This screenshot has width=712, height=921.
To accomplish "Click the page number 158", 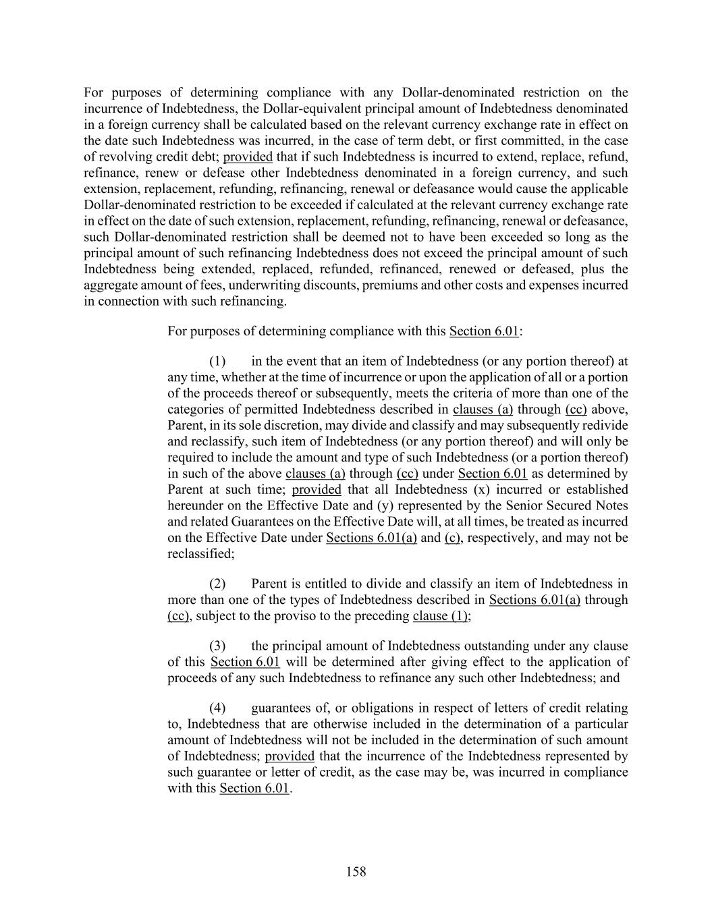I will (356, 872).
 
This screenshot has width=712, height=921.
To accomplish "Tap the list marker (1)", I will (217, 361).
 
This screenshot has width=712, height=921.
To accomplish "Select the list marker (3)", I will (217, 646).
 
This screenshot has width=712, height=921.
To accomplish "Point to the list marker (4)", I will (217, 708).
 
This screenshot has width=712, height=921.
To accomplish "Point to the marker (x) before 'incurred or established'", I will (483, 489).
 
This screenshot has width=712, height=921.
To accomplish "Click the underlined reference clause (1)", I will (440, 616).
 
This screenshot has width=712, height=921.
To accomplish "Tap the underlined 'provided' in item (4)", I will (290, 756).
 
